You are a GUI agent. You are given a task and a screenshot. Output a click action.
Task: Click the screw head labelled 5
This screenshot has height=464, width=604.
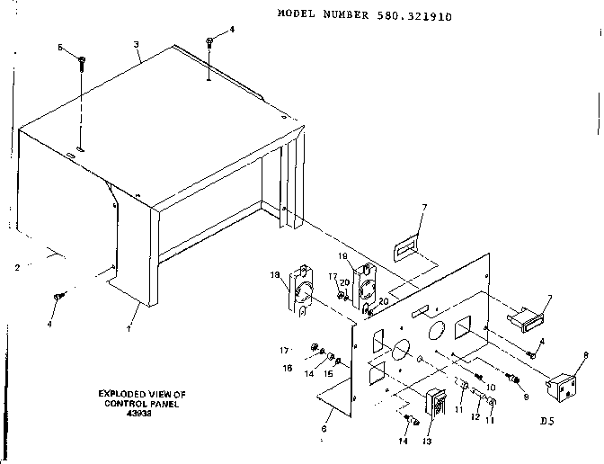(x=82, y=61)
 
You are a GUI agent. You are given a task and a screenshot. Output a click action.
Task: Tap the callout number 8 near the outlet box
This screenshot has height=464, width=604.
(x=585, y=356)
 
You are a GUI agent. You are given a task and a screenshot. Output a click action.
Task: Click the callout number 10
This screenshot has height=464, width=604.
(x=490, y=387)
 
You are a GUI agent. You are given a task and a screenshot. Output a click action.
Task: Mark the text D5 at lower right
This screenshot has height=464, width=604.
(x=547, y=420)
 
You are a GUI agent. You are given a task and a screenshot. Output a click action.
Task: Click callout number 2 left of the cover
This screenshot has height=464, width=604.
(x=17, y=268)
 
